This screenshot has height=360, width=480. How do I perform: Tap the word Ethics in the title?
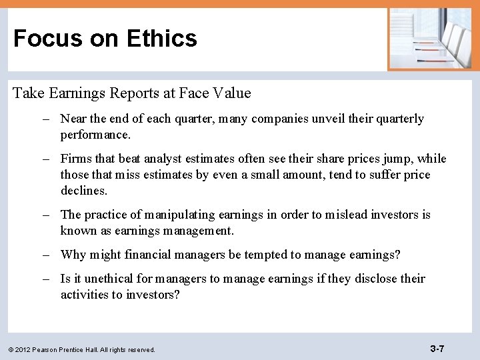point(161,38)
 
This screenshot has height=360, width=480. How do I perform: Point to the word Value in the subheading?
point(231,93)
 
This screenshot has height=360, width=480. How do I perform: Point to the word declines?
point(83,191)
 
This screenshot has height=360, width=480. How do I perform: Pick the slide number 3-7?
point(437,348)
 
